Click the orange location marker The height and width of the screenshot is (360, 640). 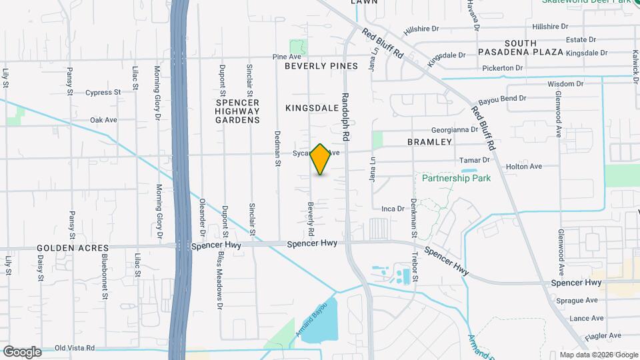tap(321, 159)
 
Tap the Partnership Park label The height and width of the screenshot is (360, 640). tap(456, 178)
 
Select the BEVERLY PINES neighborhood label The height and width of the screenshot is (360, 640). tap(321, 66)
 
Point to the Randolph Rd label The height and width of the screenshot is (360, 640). tap(346, 116)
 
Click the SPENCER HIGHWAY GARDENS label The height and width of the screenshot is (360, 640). tap(237, 111)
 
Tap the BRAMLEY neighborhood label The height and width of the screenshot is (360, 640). tap(429, 142)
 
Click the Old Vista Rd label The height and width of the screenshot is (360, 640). tap(75, 348)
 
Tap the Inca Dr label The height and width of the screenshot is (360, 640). tap(393, 209)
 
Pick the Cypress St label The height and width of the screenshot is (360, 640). tap(102, 93)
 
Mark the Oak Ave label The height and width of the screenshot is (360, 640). tap(103, 120)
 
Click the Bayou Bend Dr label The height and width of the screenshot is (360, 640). tap(502, 98)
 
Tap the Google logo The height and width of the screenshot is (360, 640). tap(22, 351)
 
